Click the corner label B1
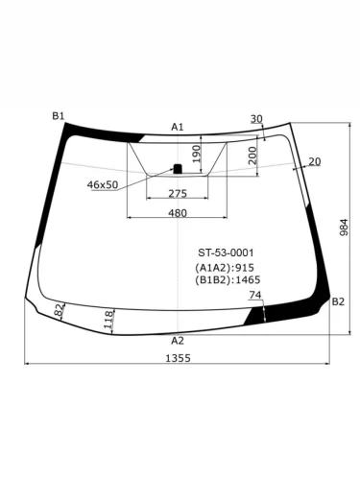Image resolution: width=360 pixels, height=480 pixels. [59, 116]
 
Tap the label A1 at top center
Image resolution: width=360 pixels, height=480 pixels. [178, 127]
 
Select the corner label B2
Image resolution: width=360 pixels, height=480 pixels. [338, 301]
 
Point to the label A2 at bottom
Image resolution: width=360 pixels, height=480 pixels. [178, 340]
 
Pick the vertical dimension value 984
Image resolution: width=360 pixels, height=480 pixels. [344, 228]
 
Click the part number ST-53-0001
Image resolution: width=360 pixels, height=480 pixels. [226, 252]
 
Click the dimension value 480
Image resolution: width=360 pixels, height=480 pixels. [178, 212]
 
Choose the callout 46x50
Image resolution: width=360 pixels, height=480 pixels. [103, 184]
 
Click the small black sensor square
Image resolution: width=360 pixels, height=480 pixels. [177, 169]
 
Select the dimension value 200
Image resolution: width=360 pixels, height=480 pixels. [252, 156]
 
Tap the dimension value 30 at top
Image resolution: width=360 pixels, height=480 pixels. [255, 119]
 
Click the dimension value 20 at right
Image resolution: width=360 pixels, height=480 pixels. [314, 161]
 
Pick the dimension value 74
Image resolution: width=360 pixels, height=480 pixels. [254, 296]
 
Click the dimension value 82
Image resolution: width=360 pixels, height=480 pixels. [60, 311]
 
